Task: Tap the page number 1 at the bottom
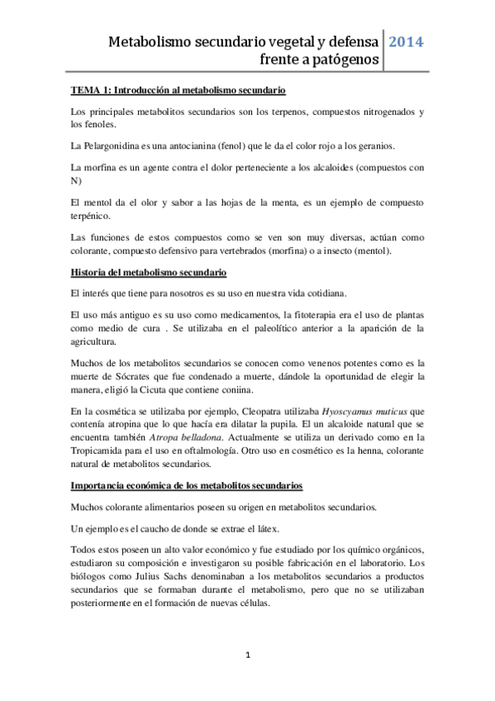click(x=247, y=655)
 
